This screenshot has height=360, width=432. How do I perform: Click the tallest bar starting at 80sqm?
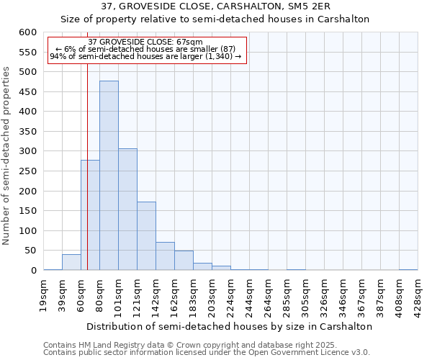pyautogui.click(x=109, y=176)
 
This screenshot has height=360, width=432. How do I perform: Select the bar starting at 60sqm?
pyautogui.click(x=90, y=215)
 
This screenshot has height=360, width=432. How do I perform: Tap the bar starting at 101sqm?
pyautogui.click(x=127, y=210)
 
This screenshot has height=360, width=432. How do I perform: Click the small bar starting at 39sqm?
pyautogui.click(x=71, y=262)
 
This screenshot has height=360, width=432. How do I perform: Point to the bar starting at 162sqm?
pyautogui.click(x=184, y=261)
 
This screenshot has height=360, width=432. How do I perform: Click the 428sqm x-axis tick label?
pyautogui.click(x=418, y=295)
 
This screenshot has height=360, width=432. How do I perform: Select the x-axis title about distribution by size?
pyautogui.click(x=230, y=326)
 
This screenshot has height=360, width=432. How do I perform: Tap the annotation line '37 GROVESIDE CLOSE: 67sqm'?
pyautogui.click(x=145, y=42)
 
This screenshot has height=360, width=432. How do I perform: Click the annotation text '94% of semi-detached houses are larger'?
pyautogui.click(x=145, y=56)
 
